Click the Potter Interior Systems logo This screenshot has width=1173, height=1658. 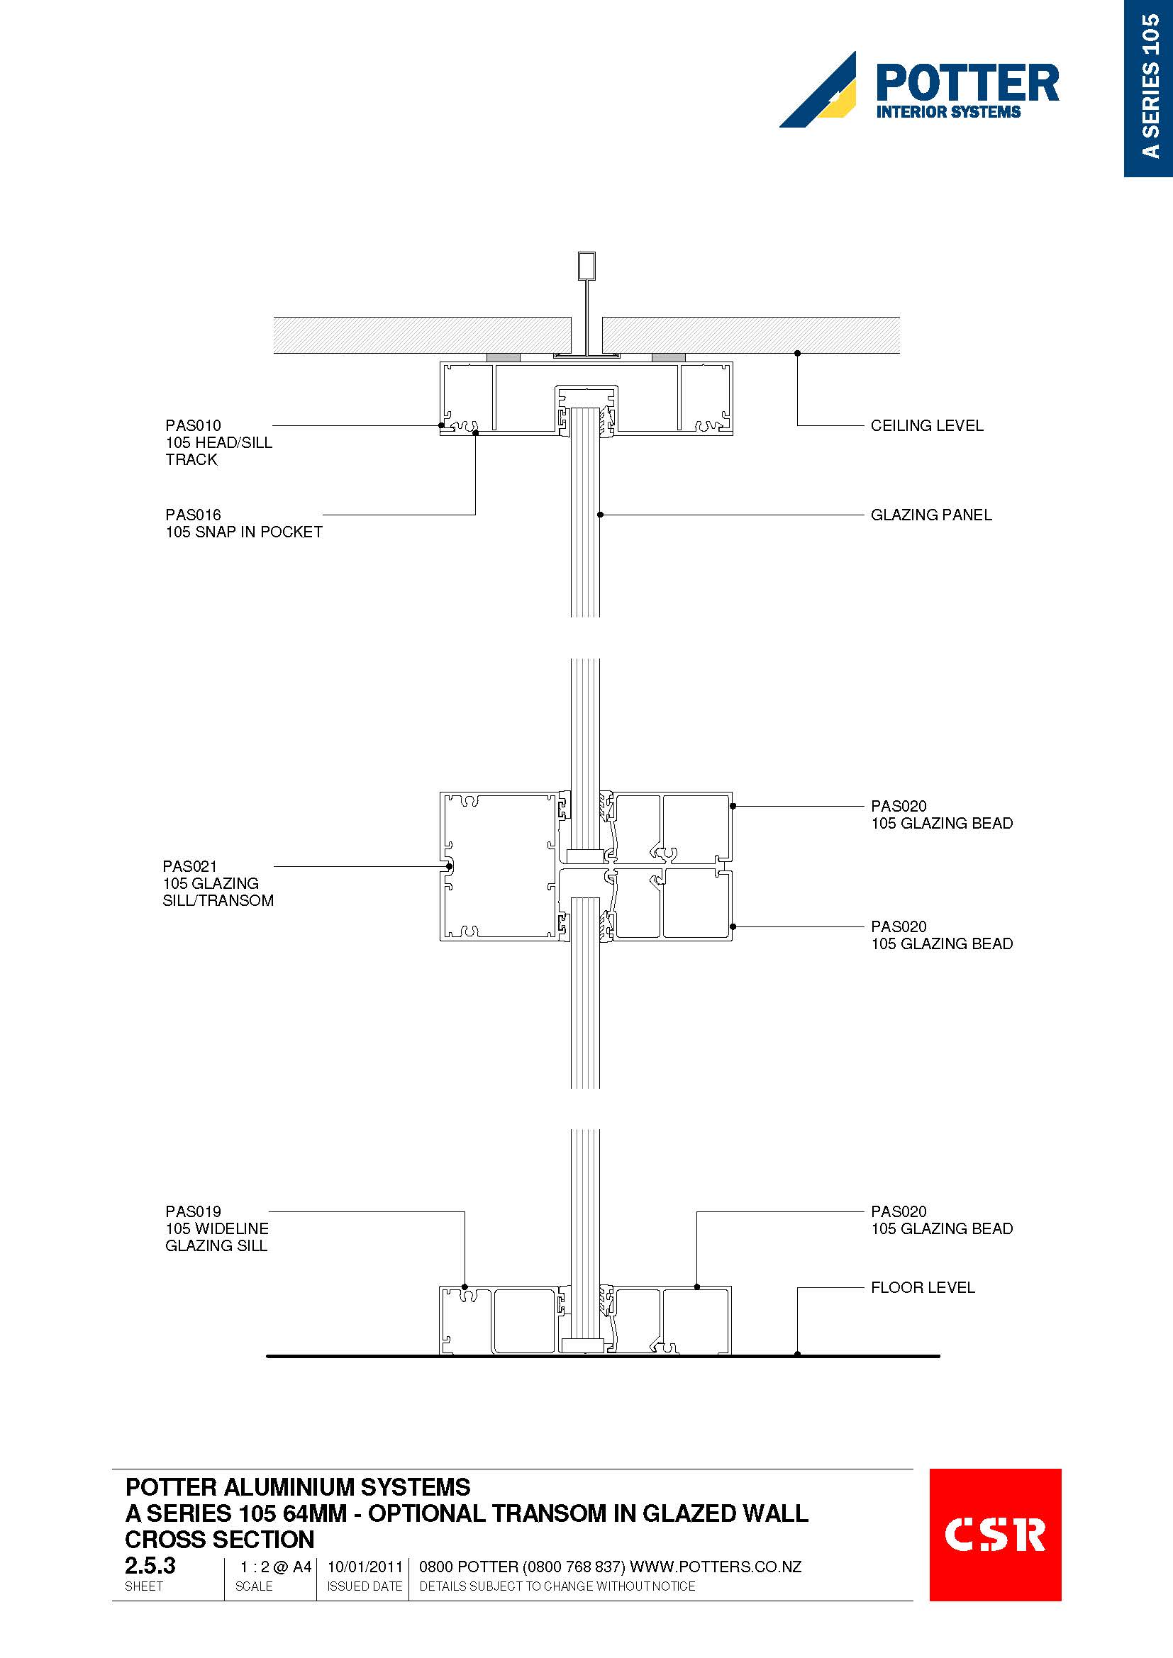pyautogui.click(x=918, y=89)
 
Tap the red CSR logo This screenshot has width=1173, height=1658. pyautogui.click(x=994, y=1535)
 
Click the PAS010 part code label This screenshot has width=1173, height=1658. pyautogui.click(x=193, y=425)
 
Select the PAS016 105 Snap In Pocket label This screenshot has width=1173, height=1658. pyautogui.click(x=243, y=523)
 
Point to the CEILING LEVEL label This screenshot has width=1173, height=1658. pyautogui.click(x=927, y=425)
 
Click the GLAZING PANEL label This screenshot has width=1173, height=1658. pyautogui.click(x=931, y=515)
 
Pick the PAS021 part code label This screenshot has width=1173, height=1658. pyautogui.click(x=190, y=866)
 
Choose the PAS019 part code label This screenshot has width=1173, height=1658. pyautogui.click(x=193, y=1211)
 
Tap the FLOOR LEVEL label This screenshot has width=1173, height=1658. pyautogui.click(x=923, y=1287)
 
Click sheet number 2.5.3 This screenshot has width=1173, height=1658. pyautogui.click(x=150, y=1566)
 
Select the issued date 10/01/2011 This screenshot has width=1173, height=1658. pyautogui.click(x=365, y=1567)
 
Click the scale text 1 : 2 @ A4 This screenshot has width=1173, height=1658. pyautogui.click(x=276, y=1567)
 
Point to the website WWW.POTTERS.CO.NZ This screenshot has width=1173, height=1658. pyautogui.click(x=716, y=1567)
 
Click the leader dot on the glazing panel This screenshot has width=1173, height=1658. pyautogui.click(x=600, y=515)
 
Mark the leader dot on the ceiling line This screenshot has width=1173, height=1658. pyautogui.click(x=797, y=353)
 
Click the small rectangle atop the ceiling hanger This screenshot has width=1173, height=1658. pyautogui.click(x=586, y=266)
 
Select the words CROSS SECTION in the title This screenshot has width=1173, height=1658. pyautogui.click(x=220, y=1540)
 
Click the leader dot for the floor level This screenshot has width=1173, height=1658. pyautogui.click(x=797, y=1354)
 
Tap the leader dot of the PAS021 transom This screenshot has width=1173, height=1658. pyautogui.click(x=449, y=866)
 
